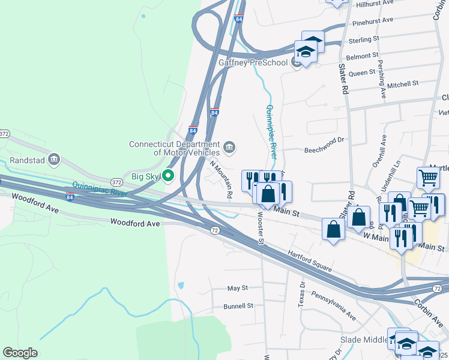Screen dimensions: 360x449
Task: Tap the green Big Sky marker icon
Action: click(x=169, y=176)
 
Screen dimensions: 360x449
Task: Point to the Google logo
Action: click(x=20, y=353)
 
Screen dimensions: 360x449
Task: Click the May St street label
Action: click(x=238, y=289)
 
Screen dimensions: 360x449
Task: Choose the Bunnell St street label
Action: click(x=238, y=306)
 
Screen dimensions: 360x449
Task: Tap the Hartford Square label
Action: click(x=310, y=262)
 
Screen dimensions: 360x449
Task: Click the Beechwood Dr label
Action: click(x=323, y=140)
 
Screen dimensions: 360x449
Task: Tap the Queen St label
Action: click(x=362, y=73)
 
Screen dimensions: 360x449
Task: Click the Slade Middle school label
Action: click(x=366, y=340)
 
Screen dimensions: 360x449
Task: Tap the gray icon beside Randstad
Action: click(x=54, y=158)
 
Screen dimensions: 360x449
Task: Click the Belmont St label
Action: click(x=366, y=56)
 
